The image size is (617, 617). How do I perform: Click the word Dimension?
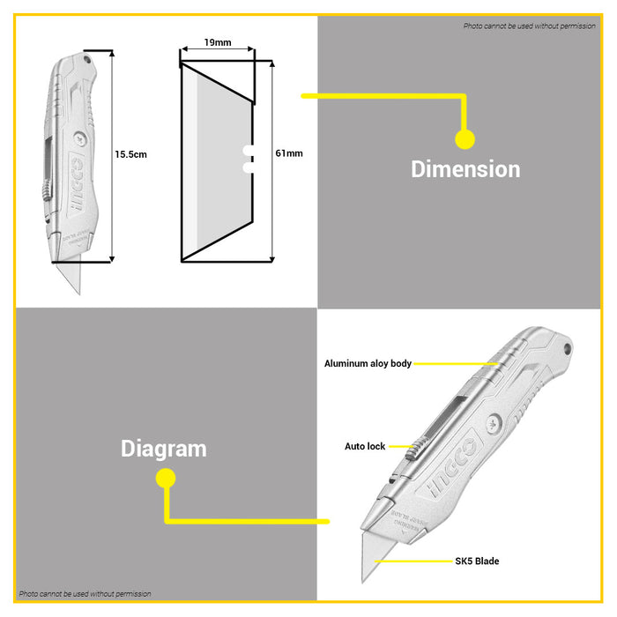(465, 168)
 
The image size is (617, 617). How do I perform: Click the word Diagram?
(164, 449)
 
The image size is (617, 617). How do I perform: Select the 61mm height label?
(288, 153)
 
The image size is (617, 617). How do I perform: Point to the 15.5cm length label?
(130, 154)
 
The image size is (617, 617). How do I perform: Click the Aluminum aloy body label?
(368, 363)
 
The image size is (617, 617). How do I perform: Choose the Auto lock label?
(365, 447)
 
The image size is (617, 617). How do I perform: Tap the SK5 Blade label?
(478, 561)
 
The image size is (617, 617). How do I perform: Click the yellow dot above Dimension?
(465, 139)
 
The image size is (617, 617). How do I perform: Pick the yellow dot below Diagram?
(165, 479)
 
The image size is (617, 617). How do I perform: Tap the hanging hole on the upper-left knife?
(88, 60)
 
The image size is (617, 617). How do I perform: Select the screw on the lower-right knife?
(490, 424)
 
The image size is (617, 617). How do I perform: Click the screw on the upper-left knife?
(80, 138)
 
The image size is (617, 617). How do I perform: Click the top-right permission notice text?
(530, 26)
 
